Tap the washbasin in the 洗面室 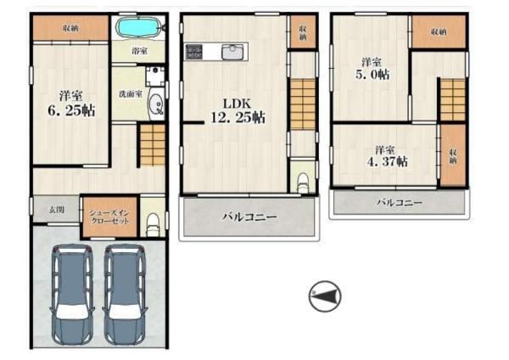156,104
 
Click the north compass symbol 325,296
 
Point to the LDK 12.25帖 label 238,110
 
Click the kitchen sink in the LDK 233,53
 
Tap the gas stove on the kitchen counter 193,52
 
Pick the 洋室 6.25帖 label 71,104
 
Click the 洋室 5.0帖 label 372,69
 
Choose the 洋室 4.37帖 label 387,156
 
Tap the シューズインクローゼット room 109,217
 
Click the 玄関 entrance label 57,210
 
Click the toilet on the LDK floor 303,183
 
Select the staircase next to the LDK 303,104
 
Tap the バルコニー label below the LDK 249,217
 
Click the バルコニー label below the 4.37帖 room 400,203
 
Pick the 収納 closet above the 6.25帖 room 70,28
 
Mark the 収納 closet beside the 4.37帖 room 453,155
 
